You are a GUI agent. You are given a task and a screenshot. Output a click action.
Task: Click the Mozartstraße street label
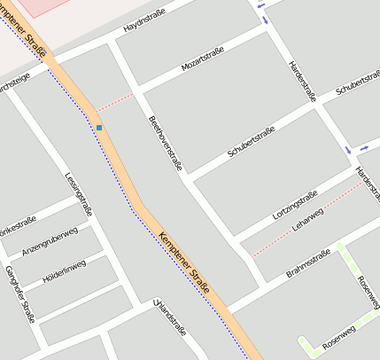pyautogui.click(x=203, y=58)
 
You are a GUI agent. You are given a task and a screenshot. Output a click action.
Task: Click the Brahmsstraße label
pyautogui.click(x=307, y=263)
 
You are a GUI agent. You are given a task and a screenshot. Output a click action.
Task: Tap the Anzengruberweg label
pyautogui.click(x=50, y=241)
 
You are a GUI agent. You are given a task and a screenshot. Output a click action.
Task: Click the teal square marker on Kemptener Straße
pyautogui.click(x=99, y=128)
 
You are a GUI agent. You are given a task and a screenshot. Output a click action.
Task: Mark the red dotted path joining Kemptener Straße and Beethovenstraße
pyautogui.click(x=115, y=101)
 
